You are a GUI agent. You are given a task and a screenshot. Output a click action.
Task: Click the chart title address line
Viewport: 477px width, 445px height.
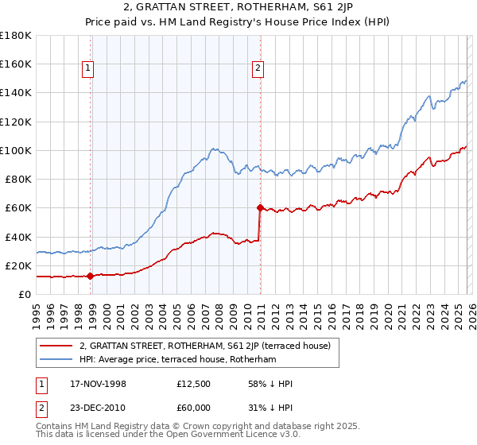click(238, 9)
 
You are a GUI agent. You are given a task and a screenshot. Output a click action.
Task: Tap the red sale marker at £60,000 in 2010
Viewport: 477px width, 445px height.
click(260, 208)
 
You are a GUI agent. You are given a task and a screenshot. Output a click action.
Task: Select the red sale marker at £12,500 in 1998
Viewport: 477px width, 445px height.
click(90, 277)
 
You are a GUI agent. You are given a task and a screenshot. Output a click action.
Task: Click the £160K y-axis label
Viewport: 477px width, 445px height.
click(16, 64)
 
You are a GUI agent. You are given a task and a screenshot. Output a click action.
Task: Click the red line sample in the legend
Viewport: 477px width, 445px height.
click(56, 346)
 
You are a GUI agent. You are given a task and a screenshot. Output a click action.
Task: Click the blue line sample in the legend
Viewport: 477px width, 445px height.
click(56, 360)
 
